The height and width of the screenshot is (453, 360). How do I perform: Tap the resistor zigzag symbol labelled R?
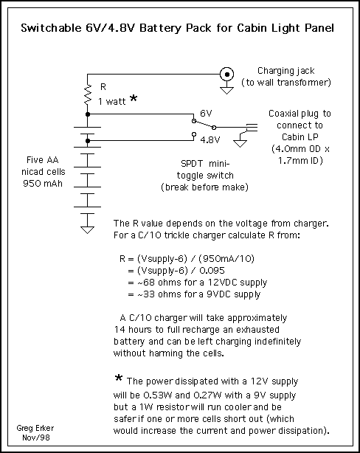[x=88, y=94]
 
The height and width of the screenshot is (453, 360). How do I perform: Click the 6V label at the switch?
[x=206, y=114]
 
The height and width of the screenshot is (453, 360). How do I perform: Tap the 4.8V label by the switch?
[x=210, y=140]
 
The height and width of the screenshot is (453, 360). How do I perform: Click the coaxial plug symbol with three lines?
[x=252, y=128]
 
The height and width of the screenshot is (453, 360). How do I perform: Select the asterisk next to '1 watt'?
[x=134, y=98]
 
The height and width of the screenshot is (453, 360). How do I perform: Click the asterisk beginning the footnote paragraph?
[x=119, y=378]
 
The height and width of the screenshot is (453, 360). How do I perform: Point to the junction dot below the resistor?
[x=88, y=114]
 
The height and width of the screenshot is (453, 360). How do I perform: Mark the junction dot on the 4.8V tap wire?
[x=88, y=141]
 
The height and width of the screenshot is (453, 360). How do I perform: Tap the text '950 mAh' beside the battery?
[x=43, y=184]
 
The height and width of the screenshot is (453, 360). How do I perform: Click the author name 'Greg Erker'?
[x=35, y=428]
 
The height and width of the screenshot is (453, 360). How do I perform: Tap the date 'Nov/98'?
[x=36, y=438]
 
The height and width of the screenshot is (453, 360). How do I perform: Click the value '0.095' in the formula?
[x=212, y=271]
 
